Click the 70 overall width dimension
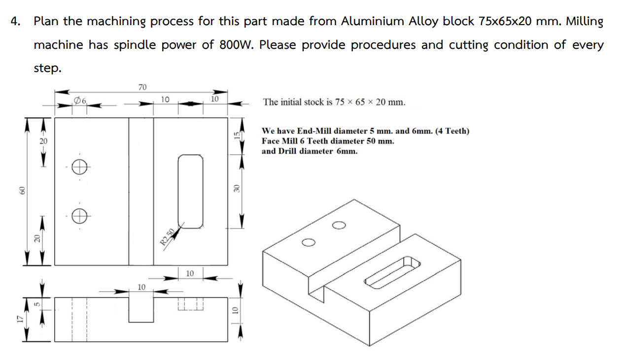[x=142, y=87]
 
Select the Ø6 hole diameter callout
[x=80, y=100]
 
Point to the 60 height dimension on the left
[x=22, y=190]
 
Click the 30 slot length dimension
[x=236, y=189]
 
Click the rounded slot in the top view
[x=190, y=191]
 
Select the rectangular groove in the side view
[x=141, y=309]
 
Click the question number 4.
[x=16, y=22]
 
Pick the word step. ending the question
[x=47, y=68]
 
